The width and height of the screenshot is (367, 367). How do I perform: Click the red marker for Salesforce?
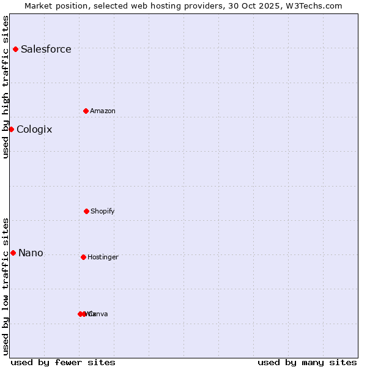pos(15,49)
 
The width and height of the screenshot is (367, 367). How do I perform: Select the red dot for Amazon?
pos(86,111)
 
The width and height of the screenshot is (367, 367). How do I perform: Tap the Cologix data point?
pos(11,129)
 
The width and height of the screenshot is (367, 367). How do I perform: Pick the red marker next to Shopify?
pos(86,211)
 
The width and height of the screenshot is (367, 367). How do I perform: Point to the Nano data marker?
pos(13,253)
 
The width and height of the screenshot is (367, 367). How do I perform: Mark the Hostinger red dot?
pos(83,257)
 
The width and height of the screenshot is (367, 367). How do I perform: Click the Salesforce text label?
pos(46,49)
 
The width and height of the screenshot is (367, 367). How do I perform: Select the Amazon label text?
pos(103,111)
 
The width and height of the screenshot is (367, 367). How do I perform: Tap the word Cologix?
pos(34,129)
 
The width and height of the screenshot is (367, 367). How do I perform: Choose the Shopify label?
pos(103,211)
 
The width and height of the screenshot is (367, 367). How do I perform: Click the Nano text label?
pos(31,253)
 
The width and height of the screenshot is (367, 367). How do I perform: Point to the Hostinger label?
pos(103,257)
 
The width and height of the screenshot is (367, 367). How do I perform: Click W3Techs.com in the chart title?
pos(312,6)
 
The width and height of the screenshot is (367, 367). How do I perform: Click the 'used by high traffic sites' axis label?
pos(6,87)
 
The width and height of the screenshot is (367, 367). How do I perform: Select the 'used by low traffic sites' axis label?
pos(6,286)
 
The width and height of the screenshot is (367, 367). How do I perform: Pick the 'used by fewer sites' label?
pos(63,362)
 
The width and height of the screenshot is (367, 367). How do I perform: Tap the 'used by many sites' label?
pos(307,362)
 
